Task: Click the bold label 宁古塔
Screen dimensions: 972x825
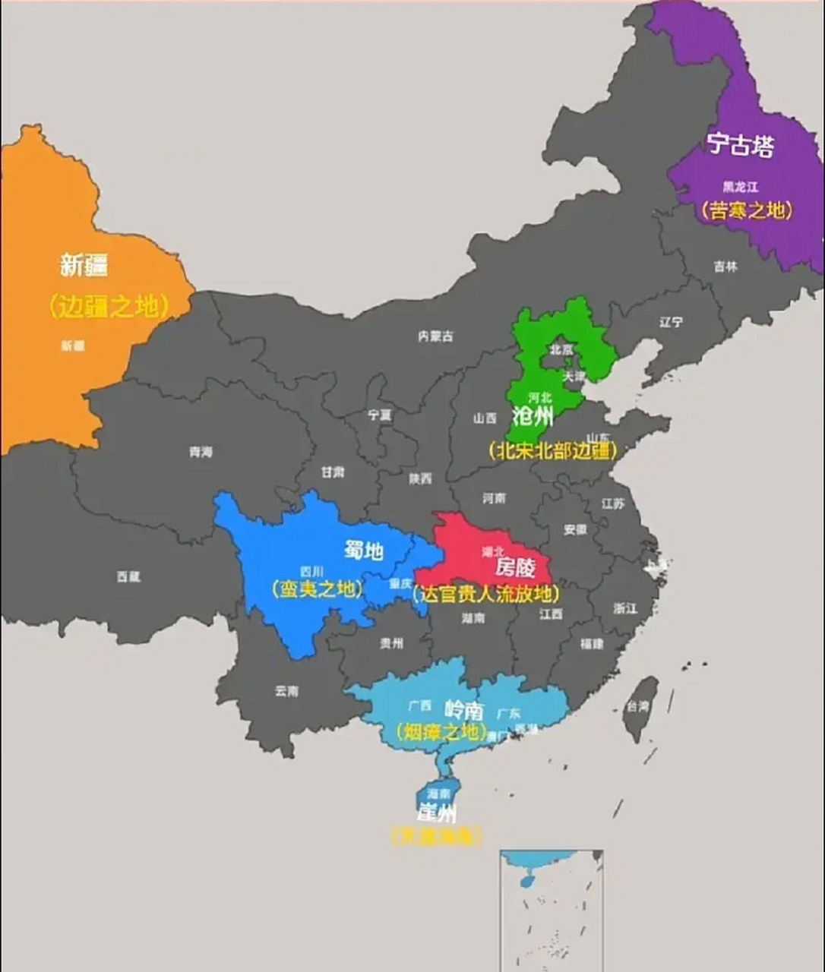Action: pyautogui.click(x=740, y=144)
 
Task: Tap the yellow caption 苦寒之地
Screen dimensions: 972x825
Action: pyautogui.click(x=747, y=210)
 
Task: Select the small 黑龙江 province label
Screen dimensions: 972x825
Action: pyautogui.click(x=739, y=186)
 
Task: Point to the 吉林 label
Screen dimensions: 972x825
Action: pyautogui.click(x=725, y=267)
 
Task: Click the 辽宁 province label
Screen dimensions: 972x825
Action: pyautogui.click(x=671, y=322)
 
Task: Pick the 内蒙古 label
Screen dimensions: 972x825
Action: pyautogui.click(x=435, y=336)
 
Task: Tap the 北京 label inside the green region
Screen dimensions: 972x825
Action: pyautogui.click(x=561, y=349)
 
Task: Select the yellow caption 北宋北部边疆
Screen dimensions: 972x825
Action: pyautogui.click(x=553, y=450)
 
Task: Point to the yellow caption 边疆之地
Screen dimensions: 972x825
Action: pyautogui.click(x=106, y=306)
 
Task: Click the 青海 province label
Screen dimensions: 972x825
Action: pyautogui.click(x=201, y=452)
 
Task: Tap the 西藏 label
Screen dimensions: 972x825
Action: pyautogui.click(x=128, y=577)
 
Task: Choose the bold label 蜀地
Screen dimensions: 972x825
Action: pyautogui.click(x=364, y=551)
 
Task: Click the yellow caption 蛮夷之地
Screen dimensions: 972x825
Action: pyautogui.click(x=317, y=589)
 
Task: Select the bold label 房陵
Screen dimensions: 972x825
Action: pyautogui.click(x=515, y=567)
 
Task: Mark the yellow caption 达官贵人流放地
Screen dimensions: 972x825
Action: pyautogui.click(x=486, y=594)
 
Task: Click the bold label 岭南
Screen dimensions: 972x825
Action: pyautogui.click(x=463, y=710)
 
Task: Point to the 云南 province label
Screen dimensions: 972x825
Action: pyautogui.click(x=286, y=691)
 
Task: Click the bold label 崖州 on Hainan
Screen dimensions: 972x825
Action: pyautogui.click(x=437, y=813)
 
